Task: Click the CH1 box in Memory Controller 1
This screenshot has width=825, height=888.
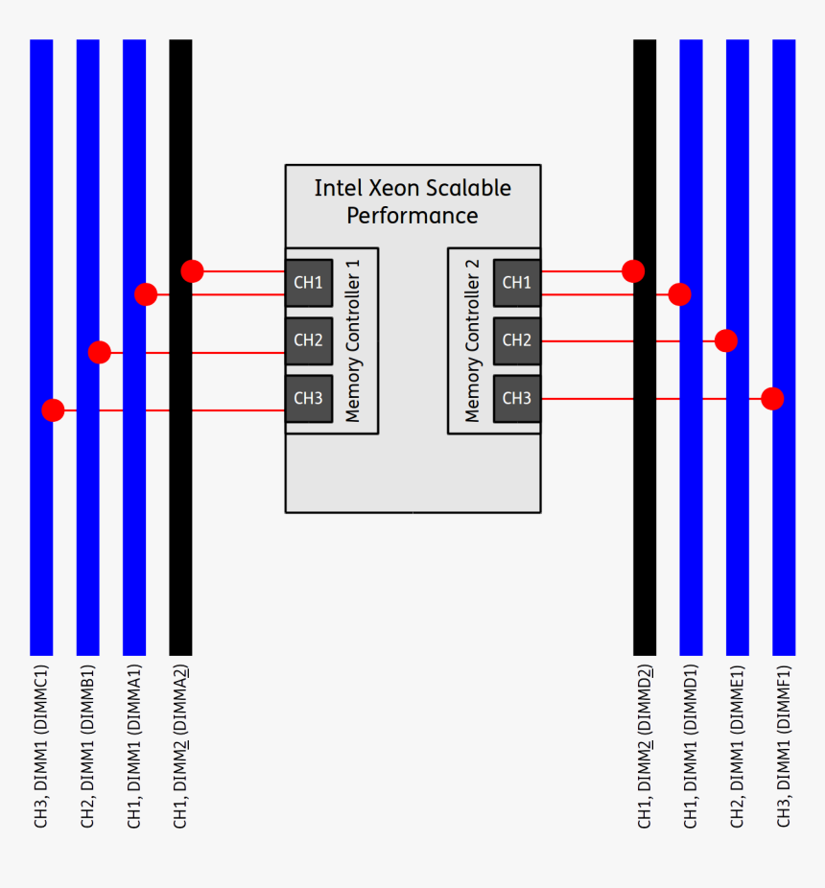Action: tap(308, 283)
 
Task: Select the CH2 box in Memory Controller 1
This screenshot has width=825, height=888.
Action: tap(308, 340)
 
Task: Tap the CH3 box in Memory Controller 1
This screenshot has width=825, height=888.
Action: tap(308, 399)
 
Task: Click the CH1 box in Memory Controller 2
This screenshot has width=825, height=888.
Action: tap(517, 283)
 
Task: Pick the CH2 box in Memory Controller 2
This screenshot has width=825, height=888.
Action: tap(517, 340)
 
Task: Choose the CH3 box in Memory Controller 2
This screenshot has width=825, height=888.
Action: tap(517, 399)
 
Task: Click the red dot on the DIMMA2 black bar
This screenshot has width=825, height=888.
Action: tap(192, 271)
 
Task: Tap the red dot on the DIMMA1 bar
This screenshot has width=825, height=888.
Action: tap(146, 294)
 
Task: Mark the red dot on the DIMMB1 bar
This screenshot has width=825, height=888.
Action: tap(100, 353)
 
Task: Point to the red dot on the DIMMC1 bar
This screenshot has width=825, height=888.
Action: tap(53, 410)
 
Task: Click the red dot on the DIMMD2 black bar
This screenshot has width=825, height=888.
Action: tap(633, 271)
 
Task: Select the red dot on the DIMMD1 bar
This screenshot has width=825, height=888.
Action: tap(679, 294)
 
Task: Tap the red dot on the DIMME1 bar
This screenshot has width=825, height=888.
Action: tap(726, 340)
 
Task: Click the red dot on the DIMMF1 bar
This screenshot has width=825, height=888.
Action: tap(772, 398)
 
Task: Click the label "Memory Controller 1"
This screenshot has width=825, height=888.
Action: tap(354, 348)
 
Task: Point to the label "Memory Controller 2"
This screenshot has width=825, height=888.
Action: tap(471, 348)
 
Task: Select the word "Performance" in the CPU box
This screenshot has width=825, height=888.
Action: tap(412, 216)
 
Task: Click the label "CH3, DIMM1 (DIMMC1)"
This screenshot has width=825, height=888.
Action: tap(40, 746)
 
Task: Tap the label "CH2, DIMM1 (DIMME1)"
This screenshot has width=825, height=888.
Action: tap(737, 746)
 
